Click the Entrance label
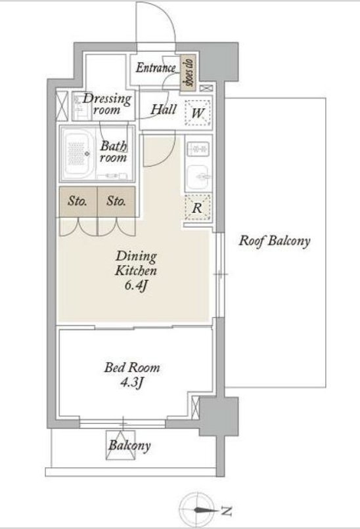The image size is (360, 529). point(156,68)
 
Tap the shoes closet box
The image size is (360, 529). point(188,74)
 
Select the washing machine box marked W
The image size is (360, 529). point(198,113)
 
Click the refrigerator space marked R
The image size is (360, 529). point(198,208)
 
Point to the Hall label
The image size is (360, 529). point(164,110)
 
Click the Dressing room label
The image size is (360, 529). point(106,104)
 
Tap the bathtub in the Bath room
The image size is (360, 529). point(79,154)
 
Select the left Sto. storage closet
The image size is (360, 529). point(78,201)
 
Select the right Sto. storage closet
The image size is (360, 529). point(116,201)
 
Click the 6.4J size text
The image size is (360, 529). point(136,286)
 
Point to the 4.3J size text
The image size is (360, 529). point(133,383)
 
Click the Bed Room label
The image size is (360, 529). point(132,368)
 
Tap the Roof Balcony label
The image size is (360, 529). point(274,242)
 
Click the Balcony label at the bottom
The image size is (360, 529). point(129,446)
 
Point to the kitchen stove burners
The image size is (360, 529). point(198,149)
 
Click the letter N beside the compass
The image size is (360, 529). point(227,511)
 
